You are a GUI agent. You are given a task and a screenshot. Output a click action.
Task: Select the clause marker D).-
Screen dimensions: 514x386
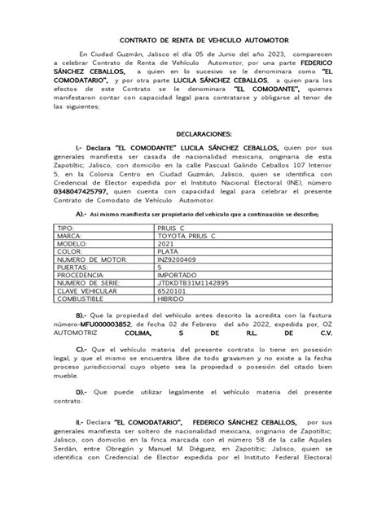click(85, 414)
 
